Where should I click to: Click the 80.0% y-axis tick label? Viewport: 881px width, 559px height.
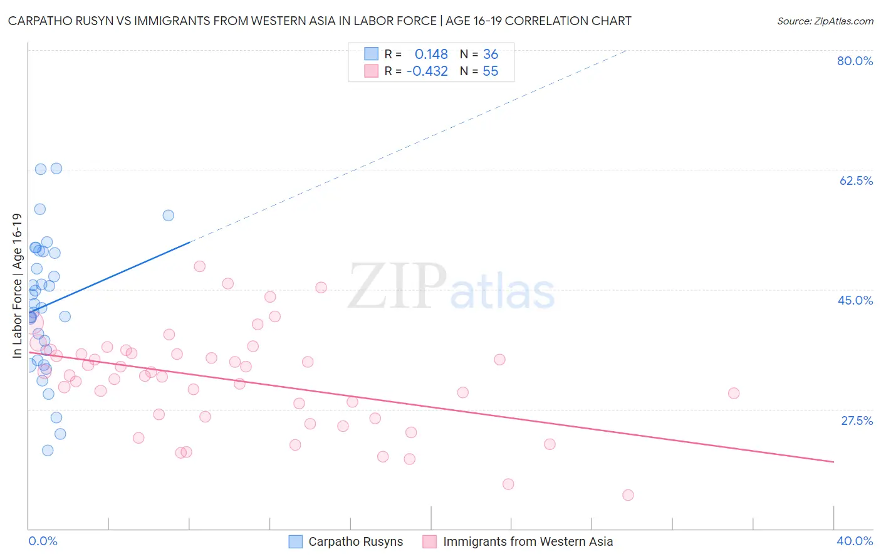click(855, 61)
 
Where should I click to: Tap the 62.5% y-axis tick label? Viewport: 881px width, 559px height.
click(855, 180)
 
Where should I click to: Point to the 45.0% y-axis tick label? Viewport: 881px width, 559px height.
click(855, 300)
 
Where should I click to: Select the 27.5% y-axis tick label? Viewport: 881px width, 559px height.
click(856, 421)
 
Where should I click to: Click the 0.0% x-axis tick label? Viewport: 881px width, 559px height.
click(43, 541)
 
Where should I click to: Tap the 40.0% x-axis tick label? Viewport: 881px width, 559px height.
click(854, 541)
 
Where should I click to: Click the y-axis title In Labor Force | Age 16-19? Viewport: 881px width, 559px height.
click(17, 286)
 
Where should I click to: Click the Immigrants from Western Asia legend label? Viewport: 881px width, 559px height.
click(528, 541)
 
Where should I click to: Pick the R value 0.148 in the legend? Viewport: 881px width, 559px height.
click(431, 55)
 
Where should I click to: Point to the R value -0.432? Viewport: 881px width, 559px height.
click(427, 71)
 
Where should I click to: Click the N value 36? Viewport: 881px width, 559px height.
click(490, 55)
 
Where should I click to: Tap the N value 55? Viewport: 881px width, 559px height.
click(490, 71)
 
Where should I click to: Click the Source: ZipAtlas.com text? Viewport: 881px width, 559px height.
click(825, 21)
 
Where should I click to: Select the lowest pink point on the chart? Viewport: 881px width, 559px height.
click(628, 495)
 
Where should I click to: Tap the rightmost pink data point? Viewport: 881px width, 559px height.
click(734, 394)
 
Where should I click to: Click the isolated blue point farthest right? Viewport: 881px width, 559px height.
click(168, 216)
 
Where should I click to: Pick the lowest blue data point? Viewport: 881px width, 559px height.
click(48, 451)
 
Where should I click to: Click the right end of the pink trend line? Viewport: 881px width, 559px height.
click(833, 462)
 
